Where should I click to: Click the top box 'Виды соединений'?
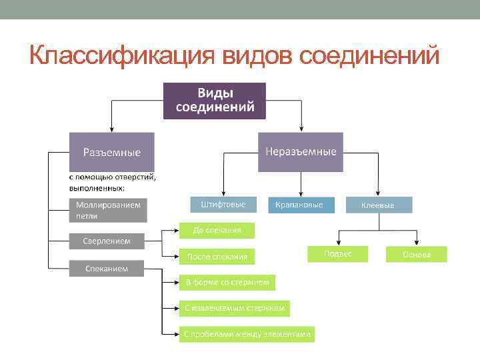pyautogui.click(x=214, y=101)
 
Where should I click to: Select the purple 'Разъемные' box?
pyautogui.click(x=111, y=152)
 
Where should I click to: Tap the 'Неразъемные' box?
pyautogui.click(x=301, y=152)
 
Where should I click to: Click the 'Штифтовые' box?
pyautogui.click(x=218, y=205)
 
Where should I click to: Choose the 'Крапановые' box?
pyautogui.click(x=299, y=205)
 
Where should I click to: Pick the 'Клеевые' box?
pyautogui.click(x=378, y=205)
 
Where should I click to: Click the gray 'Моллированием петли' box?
pyautogui.click(x=108, y=211)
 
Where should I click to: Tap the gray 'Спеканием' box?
pyautogui.click(x=107, y=269)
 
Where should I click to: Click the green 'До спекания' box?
pyautogui.click(x=217, y=231)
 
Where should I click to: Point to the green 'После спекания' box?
pyautogui.click(x=217, y=256)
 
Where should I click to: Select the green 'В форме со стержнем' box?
pyautogui.click(x=227, y=283)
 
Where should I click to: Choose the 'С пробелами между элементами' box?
pyautogui.click(x=247, y=334)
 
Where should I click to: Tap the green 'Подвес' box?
pyautogui.click(x=337, y=254)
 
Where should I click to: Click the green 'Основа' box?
pyautogui.click(x=417, y=255)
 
